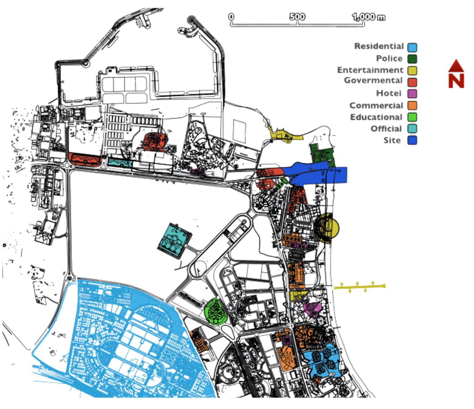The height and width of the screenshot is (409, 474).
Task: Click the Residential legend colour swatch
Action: [x=412, y=47]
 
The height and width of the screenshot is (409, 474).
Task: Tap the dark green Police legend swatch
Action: [x=412, y=59]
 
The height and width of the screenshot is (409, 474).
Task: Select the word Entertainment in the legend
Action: [x=370, y=70]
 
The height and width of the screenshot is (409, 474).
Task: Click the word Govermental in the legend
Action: [x=373, y=80]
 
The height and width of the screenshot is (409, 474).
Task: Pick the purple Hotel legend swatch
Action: [x=412, y=94]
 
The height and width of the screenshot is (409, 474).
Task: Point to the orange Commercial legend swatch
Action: [x=412, y=105]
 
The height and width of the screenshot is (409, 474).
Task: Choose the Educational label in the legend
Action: [x=376, y=117]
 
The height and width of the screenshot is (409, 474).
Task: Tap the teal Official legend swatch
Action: [x=412, y=129]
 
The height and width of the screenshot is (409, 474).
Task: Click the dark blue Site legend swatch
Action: [x=412, y=140]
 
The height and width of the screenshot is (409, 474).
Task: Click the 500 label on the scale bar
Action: [x=297, y=17]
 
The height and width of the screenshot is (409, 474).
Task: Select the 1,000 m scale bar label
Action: [x=369, y=17]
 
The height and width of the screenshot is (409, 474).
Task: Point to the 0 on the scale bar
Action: [x=231, y=17]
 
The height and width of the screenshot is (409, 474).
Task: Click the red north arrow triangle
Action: [x=456, y=66]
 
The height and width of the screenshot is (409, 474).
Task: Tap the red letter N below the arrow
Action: [x=456, y=80]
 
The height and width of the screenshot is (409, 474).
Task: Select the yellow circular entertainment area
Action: [x=327, y=228]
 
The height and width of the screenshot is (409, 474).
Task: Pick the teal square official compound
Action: [x=175, y=241]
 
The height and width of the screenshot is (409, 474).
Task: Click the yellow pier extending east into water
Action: [x=359, y=287]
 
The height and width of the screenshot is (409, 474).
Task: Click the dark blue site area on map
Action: [x=316, y=173]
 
